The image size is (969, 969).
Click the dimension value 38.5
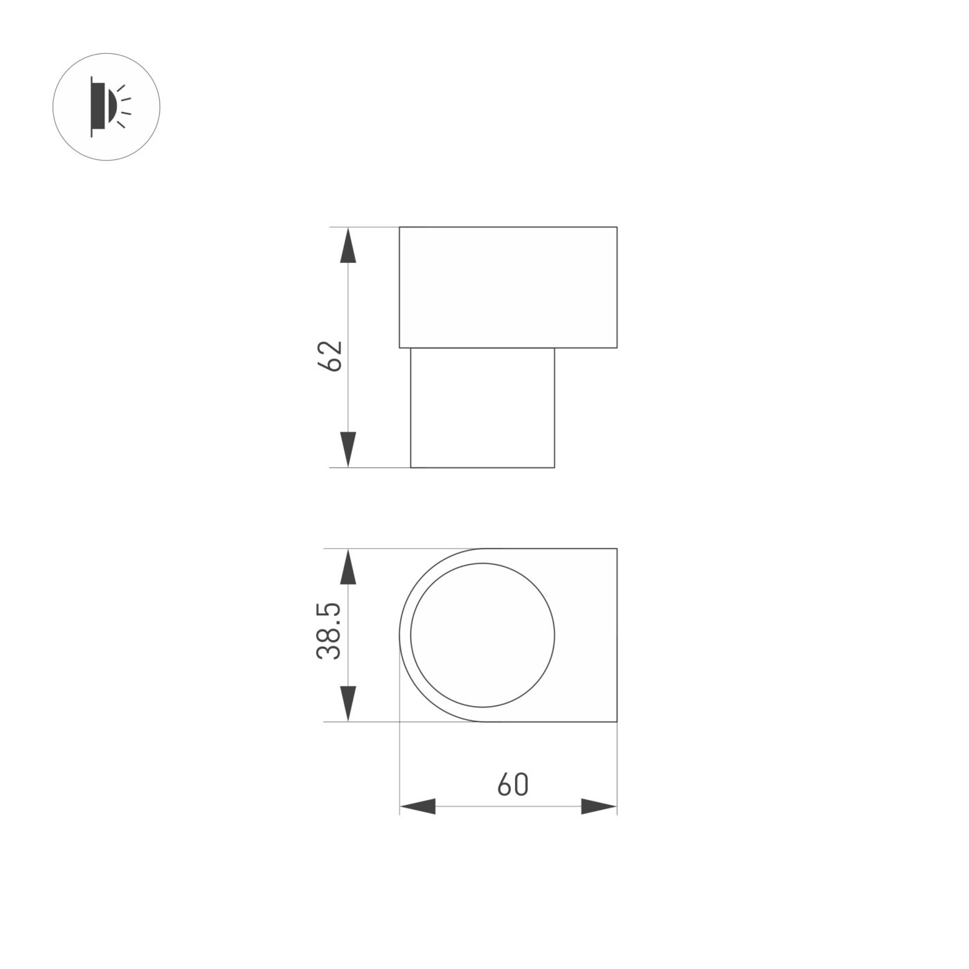click(x=329, y=631)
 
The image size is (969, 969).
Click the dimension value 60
click(x=512, y=784)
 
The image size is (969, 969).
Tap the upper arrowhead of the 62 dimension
click(x=348, y=245)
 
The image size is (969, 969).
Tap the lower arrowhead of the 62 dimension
click(x=348, y=449)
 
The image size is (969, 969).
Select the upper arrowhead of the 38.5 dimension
click(x=348, y=568)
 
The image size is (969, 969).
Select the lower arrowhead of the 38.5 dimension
click(x=348, y=703)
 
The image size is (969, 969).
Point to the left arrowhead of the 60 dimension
click(x=418, y=806)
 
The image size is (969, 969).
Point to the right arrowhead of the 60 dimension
click(x=599, y=806)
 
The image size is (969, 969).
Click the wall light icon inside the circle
click(x=107, y=107)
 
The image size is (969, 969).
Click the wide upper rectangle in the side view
click(x=508, y=287)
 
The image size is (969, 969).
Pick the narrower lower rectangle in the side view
click(x=482, y=408)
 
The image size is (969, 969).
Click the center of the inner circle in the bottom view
click(x=482, y=635)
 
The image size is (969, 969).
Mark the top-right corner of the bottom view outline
click(x=617, y=549)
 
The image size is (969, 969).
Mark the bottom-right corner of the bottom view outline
click(x=617, y=723)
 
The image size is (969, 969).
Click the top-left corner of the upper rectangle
click(x=399, y=227)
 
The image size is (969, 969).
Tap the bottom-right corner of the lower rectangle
click(x=554, y=467)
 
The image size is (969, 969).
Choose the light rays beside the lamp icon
click(x=123, y=107)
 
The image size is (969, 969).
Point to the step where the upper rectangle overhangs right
click(x=586, y=347)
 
